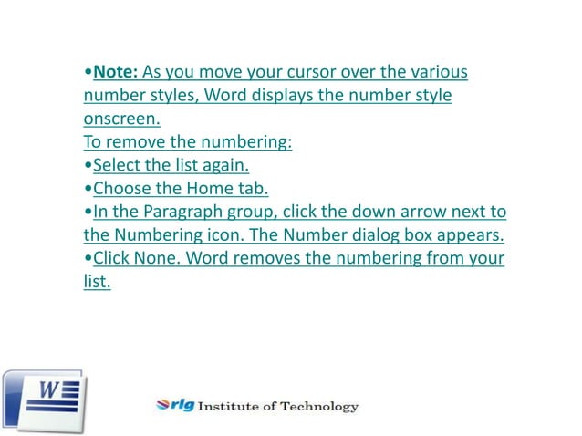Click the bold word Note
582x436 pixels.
(x=115, y=72)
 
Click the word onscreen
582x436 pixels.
(x=122, y=119)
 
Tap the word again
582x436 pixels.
(x=223, y=166)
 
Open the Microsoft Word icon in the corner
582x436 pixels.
(x=44, y=400)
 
